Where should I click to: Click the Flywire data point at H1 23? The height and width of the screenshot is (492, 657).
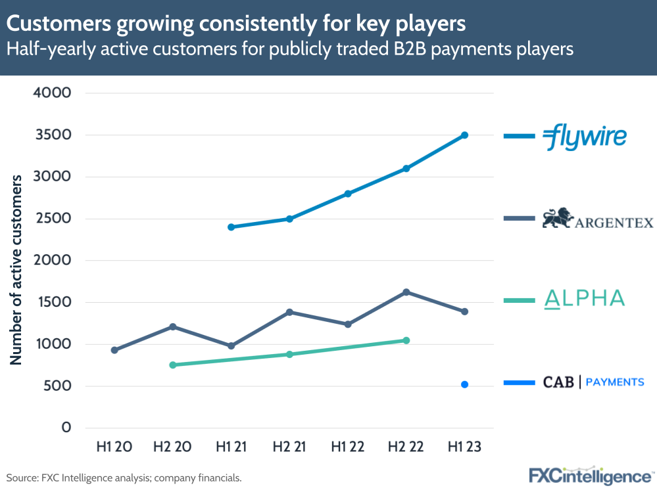pos(464,135)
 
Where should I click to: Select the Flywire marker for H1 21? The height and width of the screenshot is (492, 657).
pos(231,227)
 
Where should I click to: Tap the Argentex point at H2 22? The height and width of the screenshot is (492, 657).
pos(406,292)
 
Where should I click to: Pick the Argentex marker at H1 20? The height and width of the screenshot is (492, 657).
pos(114,350)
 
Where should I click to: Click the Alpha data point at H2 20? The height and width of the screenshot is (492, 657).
pos(173,365)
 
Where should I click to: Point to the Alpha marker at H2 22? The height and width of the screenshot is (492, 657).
pos(406,340)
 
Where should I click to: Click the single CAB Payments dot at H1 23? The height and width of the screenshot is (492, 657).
pos(464,385)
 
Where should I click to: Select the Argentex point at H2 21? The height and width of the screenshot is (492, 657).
pos(289,312)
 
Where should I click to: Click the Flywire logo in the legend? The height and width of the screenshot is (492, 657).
pos(584,136)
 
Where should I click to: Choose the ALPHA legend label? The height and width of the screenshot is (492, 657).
pos(584,300)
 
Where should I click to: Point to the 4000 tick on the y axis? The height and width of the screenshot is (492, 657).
pos(51,93)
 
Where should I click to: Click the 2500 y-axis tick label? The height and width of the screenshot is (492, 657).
pos(51,219)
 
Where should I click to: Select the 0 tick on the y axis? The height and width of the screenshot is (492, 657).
pos(66,428)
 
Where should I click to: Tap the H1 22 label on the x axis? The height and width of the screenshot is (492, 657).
pos(348,447)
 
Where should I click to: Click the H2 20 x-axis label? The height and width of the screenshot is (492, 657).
pos(173,447)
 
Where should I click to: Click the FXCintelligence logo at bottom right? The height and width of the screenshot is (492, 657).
pos(591,475)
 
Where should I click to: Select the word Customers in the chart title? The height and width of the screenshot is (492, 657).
pos(56,24)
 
